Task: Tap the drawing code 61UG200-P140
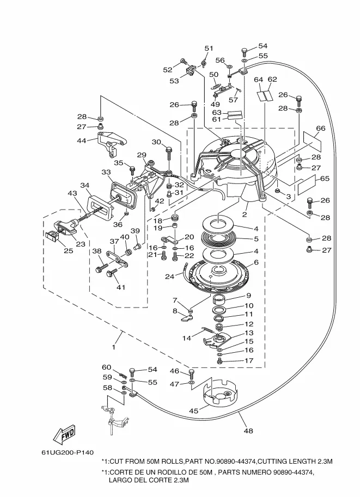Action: [x=67, y=452]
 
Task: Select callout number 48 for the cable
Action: [x=248, y=431]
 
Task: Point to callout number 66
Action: [x=321, y=128]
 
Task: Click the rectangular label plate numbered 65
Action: [x=307, y=185]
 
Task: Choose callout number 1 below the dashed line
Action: [x=113, y=347]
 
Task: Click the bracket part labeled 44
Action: [x=112, y=143]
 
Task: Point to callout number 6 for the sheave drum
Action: [x=257, y=262]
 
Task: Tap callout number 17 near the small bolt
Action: [x=249, y=360]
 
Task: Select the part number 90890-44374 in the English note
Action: [x=243, y=462]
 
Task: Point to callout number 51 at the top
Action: [x=209, y=48]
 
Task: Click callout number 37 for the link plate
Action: [x=114, y=242]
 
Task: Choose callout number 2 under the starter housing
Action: [x=244, y=214]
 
